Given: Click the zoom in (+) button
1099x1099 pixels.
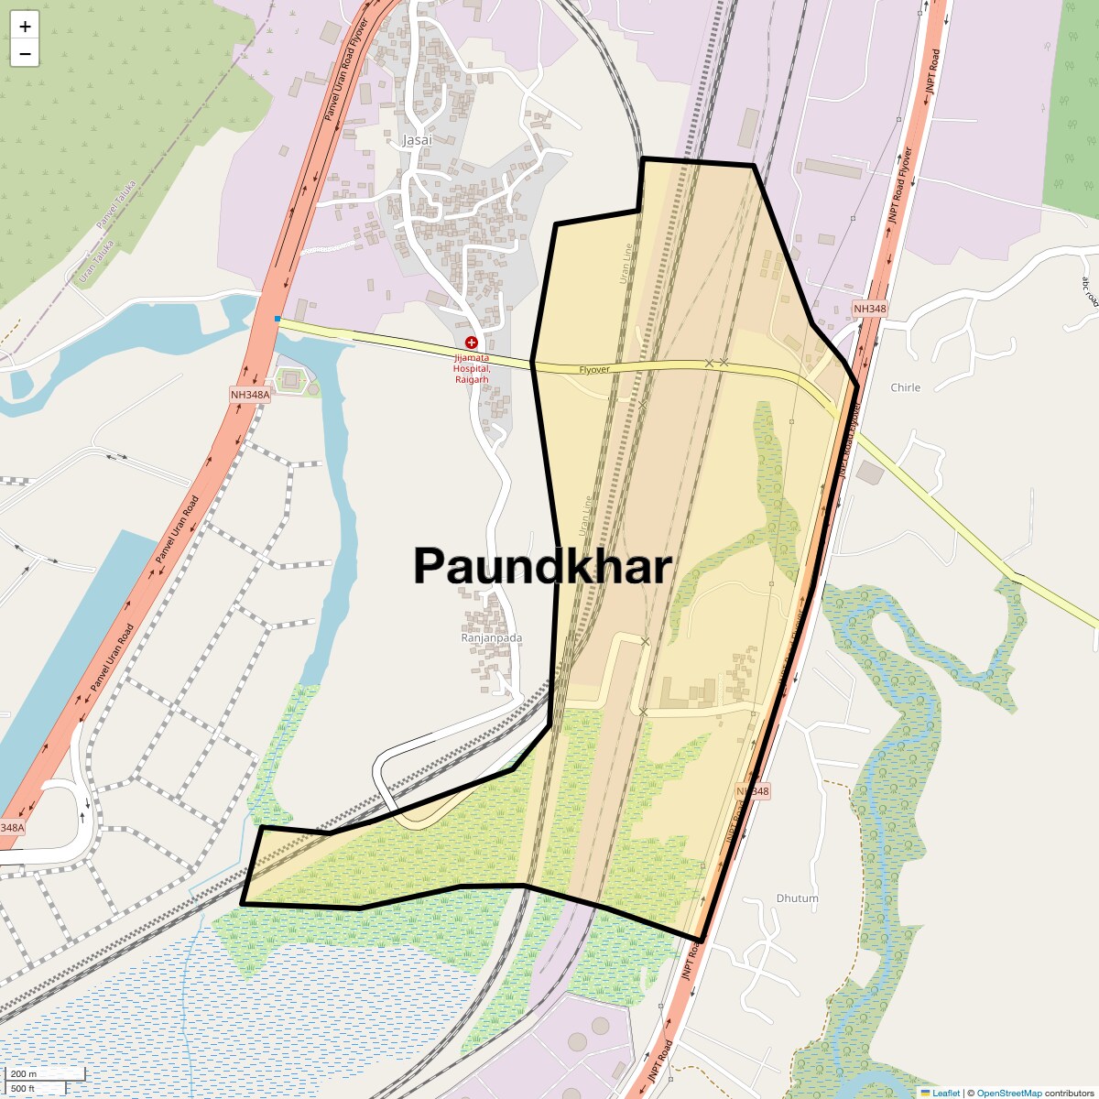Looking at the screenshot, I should point(25,27).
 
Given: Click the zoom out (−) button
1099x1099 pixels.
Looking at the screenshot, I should point(25,54).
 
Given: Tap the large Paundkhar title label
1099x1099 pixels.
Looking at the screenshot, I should point(542,566).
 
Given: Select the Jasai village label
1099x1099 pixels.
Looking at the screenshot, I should point(417,140).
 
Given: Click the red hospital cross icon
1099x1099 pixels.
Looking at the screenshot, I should point(472,342).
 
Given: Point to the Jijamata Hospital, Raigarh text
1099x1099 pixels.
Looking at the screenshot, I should point(472,368).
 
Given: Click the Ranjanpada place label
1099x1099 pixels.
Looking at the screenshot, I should point(492,637).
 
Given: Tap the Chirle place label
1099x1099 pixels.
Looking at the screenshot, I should point(905,387).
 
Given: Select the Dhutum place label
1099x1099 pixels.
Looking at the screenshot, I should point(797,898).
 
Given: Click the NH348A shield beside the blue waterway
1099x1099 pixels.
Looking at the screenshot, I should point(250,395).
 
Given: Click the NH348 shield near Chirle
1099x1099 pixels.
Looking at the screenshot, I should point(869,309).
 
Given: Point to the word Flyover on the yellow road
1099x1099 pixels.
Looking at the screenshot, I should point(594,369).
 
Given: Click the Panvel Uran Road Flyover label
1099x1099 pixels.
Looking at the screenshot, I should point(345,70).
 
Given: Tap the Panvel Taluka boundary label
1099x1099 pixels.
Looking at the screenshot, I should point(116,204).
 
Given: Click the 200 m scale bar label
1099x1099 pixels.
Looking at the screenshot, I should point(25,1073).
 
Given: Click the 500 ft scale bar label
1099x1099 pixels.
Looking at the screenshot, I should point(23,1088).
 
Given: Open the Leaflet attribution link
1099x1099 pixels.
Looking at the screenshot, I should point(945,1093).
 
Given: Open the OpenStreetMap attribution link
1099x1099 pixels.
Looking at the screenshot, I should point(1008,1093).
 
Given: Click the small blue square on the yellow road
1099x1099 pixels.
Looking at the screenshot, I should point(277,319).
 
